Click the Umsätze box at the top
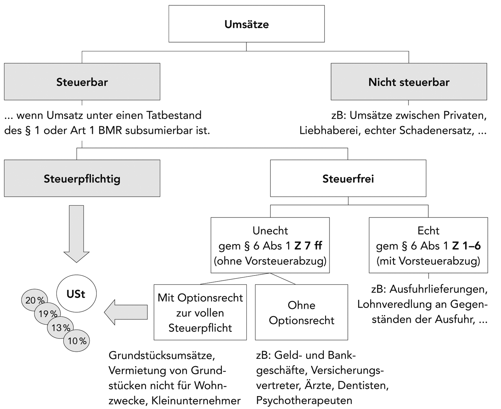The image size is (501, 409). [247, 24]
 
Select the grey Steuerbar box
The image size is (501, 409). [82, 82]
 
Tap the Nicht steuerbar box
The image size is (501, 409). [409, 82]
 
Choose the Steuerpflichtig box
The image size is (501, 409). [82, 179]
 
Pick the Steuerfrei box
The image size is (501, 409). [348, 179]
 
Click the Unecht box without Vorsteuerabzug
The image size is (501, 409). [270, 246]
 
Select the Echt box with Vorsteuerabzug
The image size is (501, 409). [428, 246]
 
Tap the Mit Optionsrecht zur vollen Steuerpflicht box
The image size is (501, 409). [200, 313]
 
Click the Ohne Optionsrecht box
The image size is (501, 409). [301, 313]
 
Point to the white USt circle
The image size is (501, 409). [76, 294]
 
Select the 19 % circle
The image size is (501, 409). [47, 313]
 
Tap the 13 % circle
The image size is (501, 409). [61, 327]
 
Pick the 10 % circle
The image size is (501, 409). [77, 341]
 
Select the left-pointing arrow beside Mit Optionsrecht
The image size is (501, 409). [126, 312]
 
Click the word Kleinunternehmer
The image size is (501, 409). [196, 401]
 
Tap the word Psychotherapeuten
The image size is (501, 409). [304, 400]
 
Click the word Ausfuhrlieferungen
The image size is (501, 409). [438, 289]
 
